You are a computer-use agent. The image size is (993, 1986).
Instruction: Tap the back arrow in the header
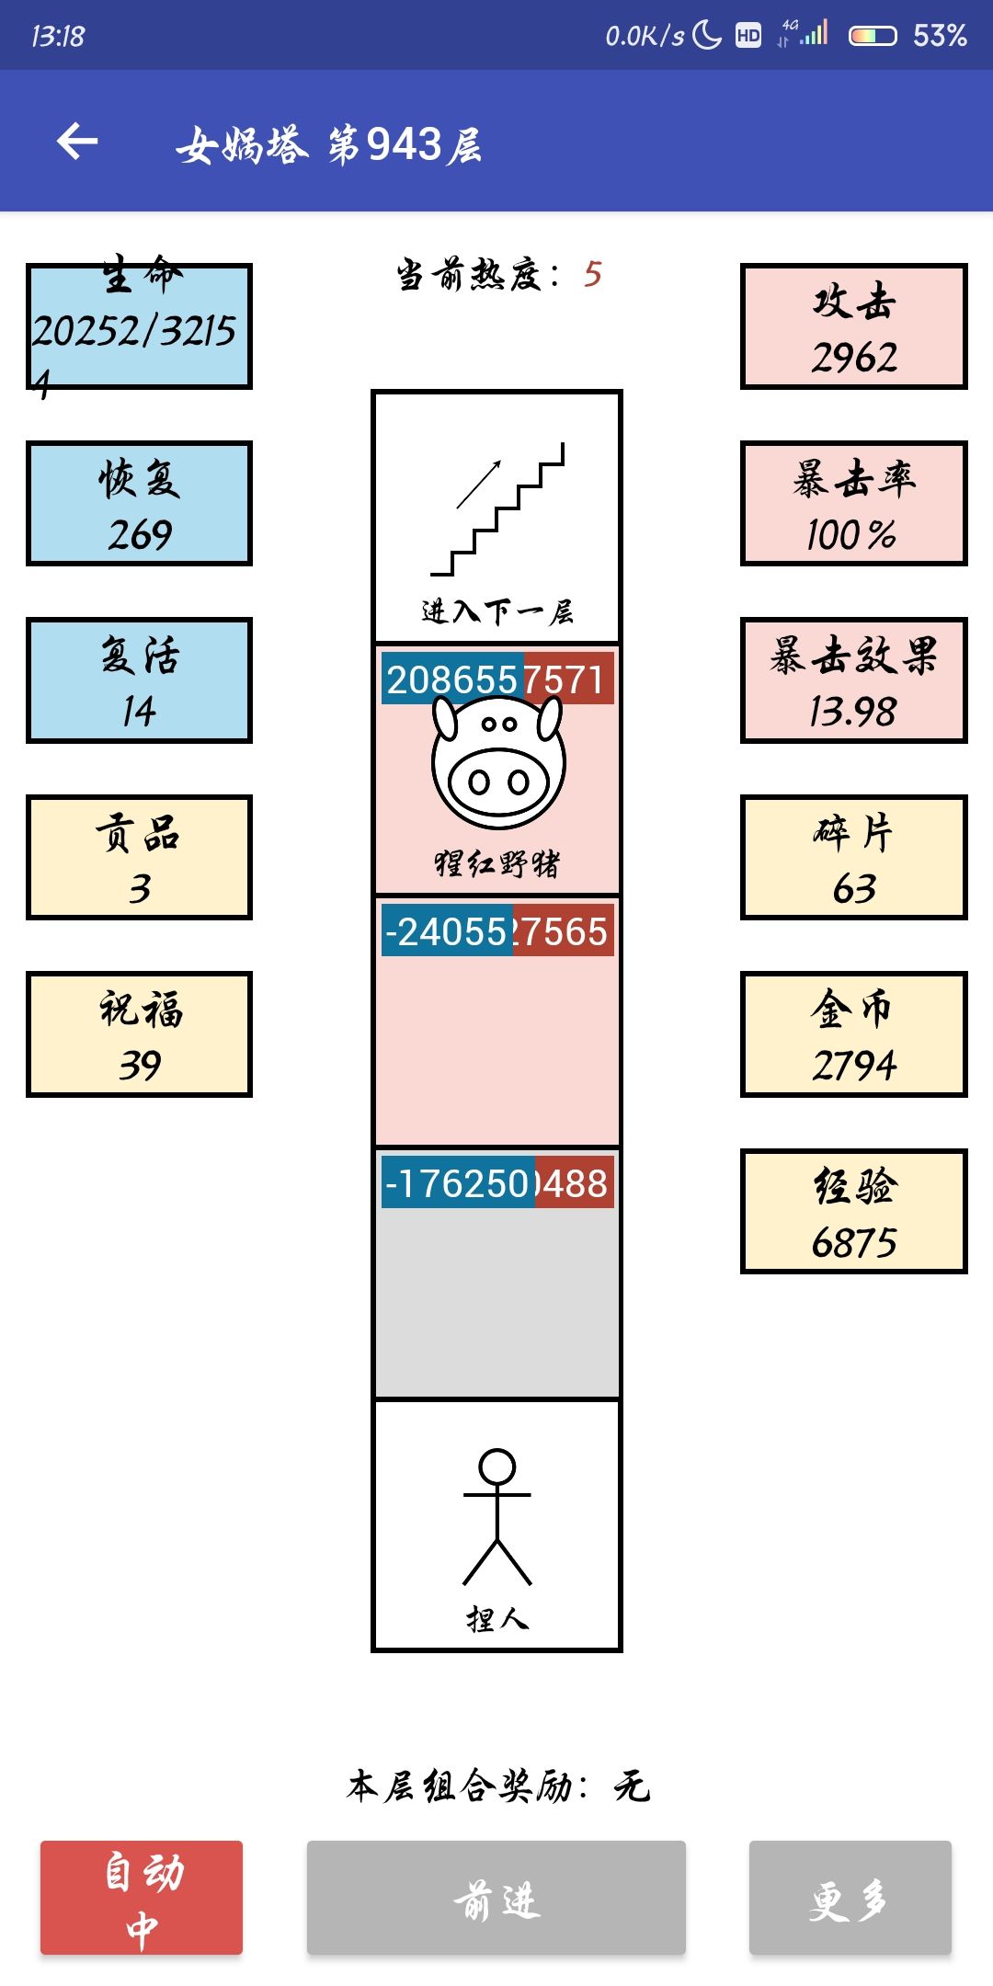pos(77,142)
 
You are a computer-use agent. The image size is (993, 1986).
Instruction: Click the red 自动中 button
pos(142,1898)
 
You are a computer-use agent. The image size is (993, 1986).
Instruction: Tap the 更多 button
pos(850,1898)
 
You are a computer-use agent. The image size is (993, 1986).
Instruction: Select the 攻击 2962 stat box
pos(853,326)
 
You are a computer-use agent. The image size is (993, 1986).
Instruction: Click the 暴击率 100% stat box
pos(853,503)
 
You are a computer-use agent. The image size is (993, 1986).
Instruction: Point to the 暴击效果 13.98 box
pos(853,680)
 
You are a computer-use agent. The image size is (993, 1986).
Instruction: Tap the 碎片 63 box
pos(853,858)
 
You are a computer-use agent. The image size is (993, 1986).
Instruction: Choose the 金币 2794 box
pos(853,1034)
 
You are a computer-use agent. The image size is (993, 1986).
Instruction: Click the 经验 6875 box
pos(853,1211)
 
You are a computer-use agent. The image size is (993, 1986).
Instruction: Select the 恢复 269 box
pos(139,503)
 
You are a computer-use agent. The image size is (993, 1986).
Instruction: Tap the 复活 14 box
pos(139,680)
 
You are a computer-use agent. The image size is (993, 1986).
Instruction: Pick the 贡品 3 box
pos(139,858)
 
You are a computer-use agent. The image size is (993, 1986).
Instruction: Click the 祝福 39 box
pos(139,1034)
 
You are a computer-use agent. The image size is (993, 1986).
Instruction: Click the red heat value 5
pos(592,274)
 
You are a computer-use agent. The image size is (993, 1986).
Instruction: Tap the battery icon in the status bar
pos(872,36)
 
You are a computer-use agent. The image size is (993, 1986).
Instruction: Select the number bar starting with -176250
pos(496,1183)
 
